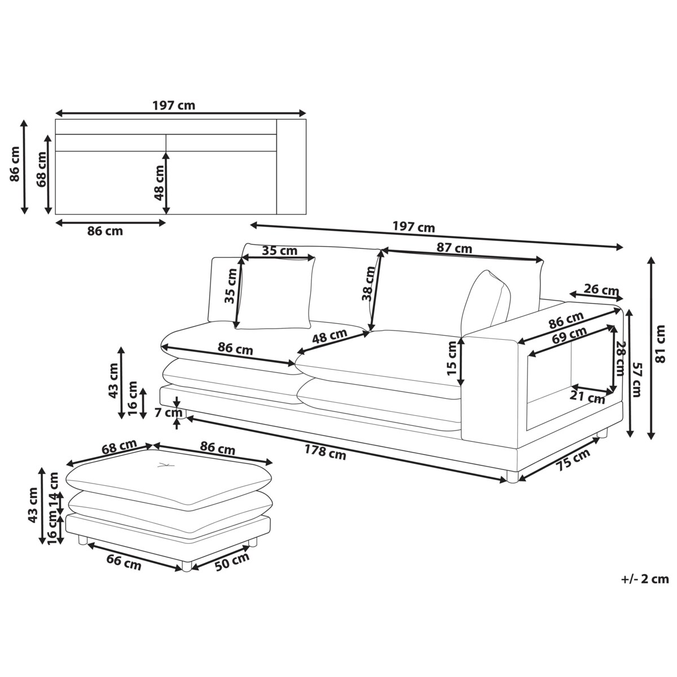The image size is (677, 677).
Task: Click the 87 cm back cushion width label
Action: (454, 248)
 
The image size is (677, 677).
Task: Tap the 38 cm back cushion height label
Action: (369, 284)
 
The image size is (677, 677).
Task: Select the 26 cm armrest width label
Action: (601, 290)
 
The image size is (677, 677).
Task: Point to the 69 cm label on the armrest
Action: (569, 335)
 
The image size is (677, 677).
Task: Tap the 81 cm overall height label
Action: (660, 344)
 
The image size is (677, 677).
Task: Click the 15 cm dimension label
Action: (452, 358)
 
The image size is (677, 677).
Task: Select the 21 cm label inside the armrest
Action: (587, 397)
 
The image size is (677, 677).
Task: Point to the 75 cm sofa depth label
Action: (573, 460)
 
